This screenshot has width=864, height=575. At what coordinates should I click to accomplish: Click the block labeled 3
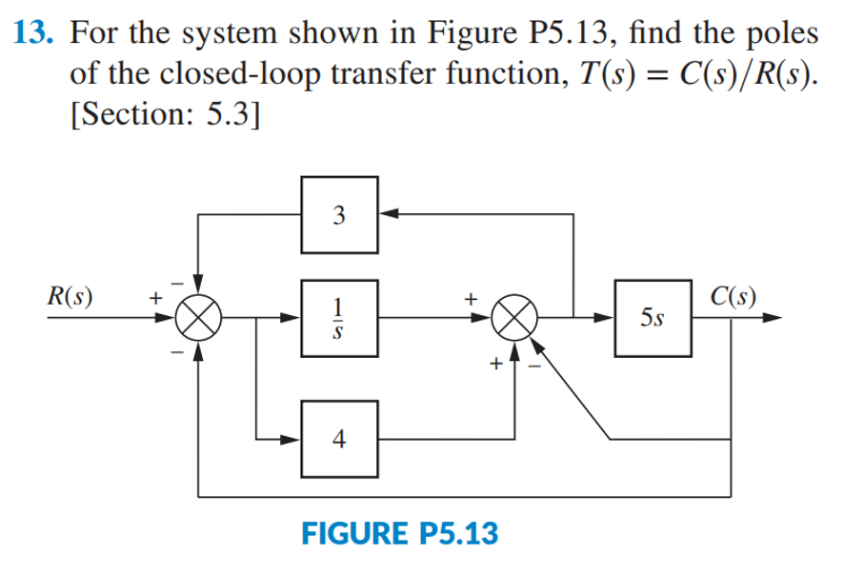tap(340, 214)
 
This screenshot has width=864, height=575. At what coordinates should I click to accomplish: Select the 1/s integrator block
tap(340, 318)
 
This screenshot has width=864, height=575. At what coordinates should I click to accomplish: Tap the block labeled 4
tap(340, 439)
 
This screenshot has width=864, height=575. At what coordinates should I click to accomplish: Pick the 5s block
tap(653, 318)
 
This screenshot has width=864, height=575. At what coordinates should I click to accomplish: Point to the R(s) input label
tap(75, 291)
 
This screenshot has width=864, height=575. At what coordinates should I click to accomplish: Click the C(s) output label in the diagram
tap(735, 291)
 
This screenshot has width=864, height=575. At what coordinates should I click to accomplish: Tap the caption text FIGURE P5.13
tap(399, 532)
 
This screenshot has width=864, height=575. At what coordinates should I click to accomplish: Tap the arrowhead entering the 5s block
tap(607, 318)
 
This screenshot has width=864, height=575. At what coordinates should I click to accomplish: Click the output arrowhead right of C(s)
tap(783, 318)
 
